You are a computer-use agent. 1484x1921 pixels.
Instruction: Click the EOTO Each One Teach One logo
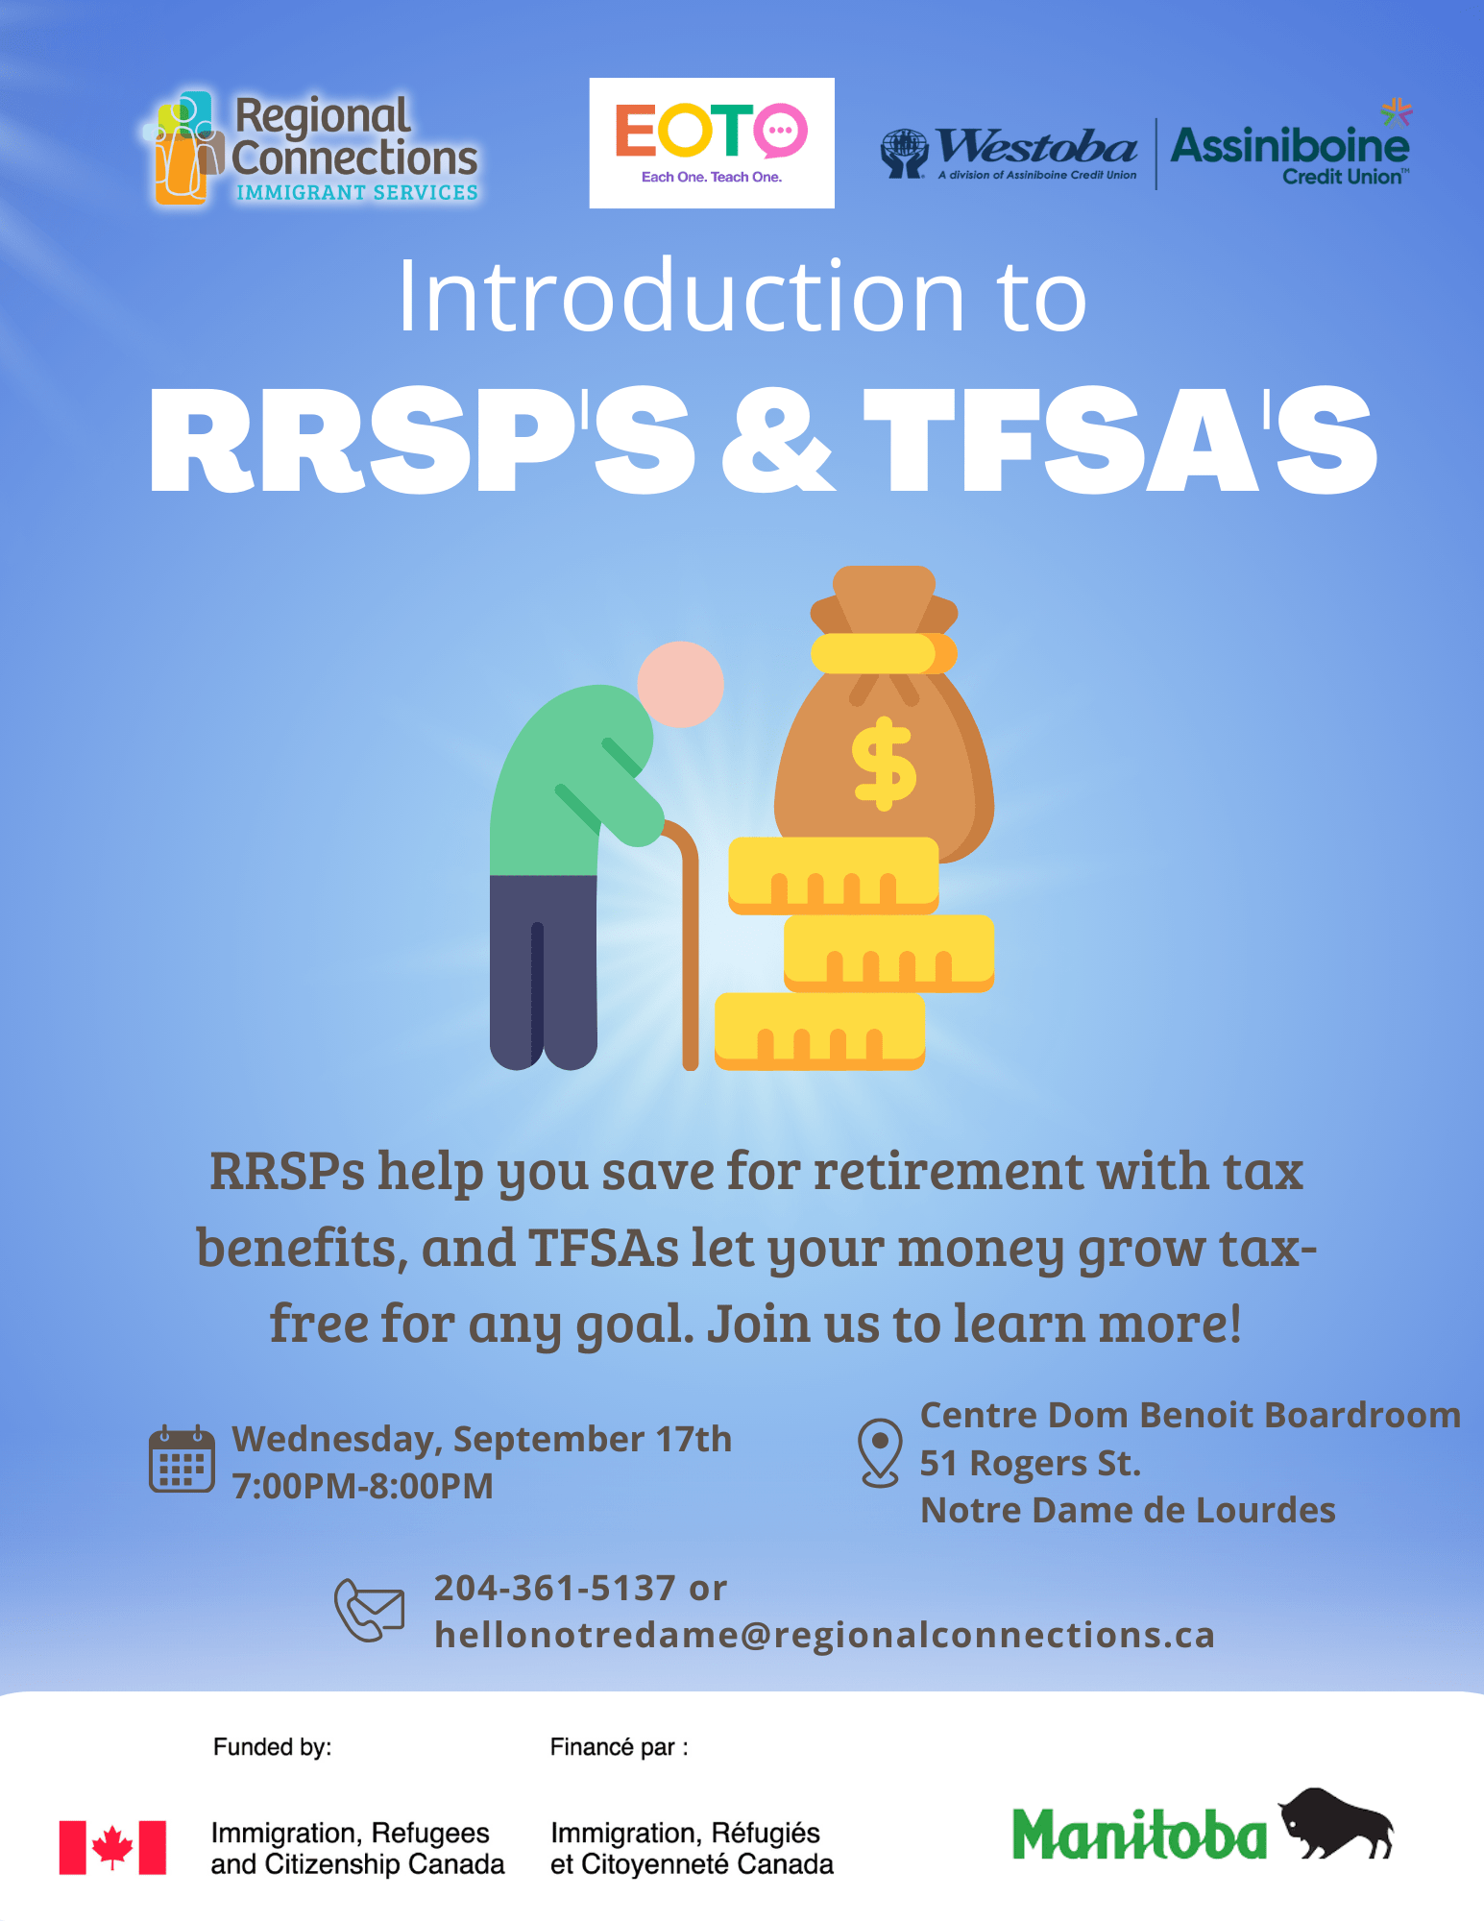[712, 143]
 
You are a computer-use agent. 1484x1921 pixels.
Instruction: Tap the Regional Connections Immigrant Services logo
[311, 149]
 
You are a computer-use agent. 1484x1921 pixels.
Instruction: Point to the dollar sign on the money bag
[884, 764]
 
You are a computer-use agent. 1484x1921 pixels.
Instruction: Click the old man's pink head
[680, 684]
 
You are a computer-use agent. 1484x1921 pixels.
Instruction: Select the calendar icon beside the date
[182, 1458]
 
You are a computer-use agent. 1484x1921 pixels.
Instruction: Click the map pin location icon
[880, 1452]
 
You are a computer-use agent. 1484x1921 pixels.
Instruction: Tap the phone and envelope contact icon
[369, 1610]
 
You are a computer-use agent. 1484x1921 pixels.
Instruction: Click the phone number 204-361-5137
[555, 1588]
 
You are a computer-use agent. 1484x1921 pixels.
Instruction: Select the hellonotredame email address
[825, 1635]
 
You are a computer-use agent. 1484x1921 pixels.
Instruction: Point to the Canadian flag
[112, 1847]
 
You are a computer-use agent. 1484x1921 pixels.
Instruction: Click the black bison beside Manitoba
[1336, 1823]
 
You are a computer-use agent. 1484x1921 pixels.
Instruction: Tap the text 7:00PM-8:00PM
[363, 1486]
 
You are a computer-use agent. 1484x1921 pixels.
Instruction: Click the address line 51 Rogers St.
[1031, 1463]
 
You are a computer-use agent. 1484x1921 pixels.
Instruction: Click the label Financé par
[619, 1747]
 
